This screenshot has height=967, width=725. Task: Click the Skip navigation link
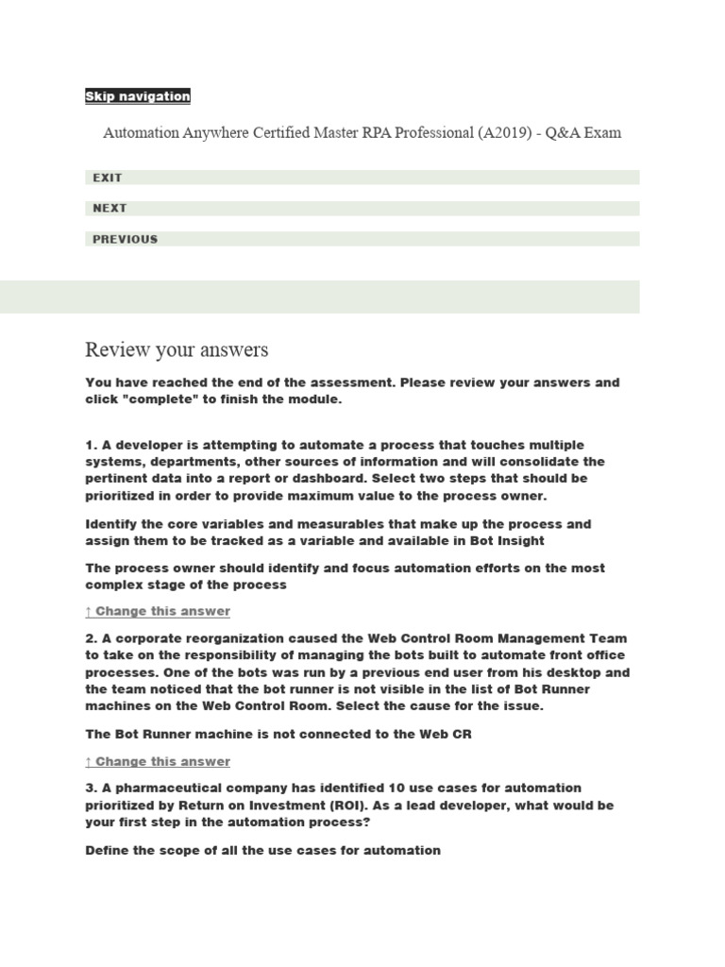(x=138, y=96)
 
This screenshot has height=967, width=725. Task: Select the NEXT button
(x=110, y=208)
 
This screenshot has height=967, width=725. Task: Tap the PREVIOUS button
(x=125, y=239)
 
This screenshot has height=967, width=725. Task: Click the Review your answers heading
(x=177, y=350)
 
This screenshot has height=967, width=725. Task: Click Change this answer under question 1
(x=158, y=611)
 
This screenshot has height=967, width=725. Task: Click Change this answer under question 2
(x=158, y=761)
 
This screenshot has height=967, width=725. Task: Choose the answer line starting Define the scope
(x=262, y=850)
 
